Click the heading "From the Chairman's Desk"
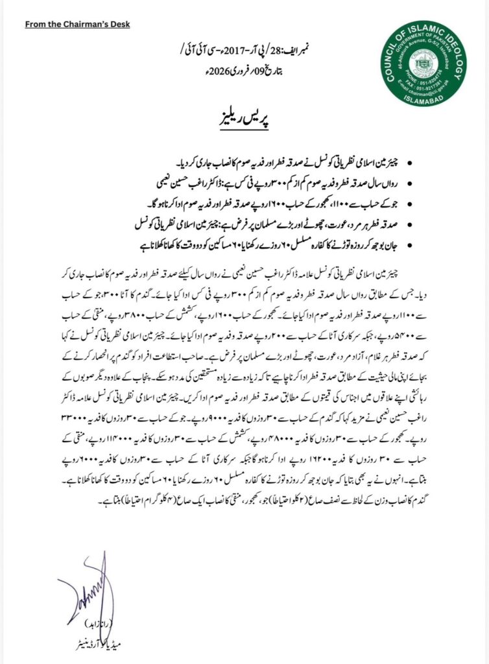click(x=77, y=25)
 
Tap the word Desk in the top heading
click(x=119, y=25)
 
